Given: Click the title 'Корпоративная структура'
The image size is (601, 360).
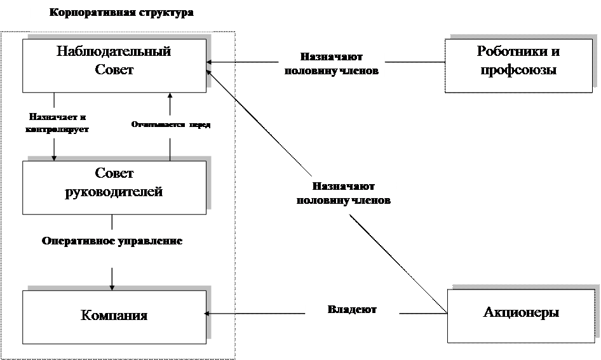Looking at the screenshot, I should [120, 13].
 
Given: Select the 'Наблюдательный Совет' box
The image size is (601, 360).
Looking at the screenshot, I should [114, 65].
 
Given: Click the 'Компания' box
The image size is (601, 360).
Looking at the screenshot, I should [114, 315].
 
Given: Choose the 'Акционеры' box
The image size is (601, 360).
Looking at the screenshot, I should [521, 312].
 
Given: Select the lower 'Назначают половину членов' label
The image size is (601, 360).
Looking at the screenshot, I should [343, 194].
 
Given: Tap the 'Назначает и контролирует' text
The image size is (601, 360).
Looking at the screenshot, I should [58, 123].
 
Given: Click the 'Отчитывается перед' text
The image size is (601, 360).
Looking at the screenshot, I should [170, 125].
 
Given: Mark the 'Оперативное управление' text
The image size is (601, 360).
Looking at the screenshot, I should [112, 241].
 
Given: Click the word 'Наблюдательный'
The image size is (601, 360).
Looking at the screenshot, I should [114, 52].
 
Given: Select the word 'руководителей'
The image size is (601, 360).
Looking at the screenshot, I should [114, 192].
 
